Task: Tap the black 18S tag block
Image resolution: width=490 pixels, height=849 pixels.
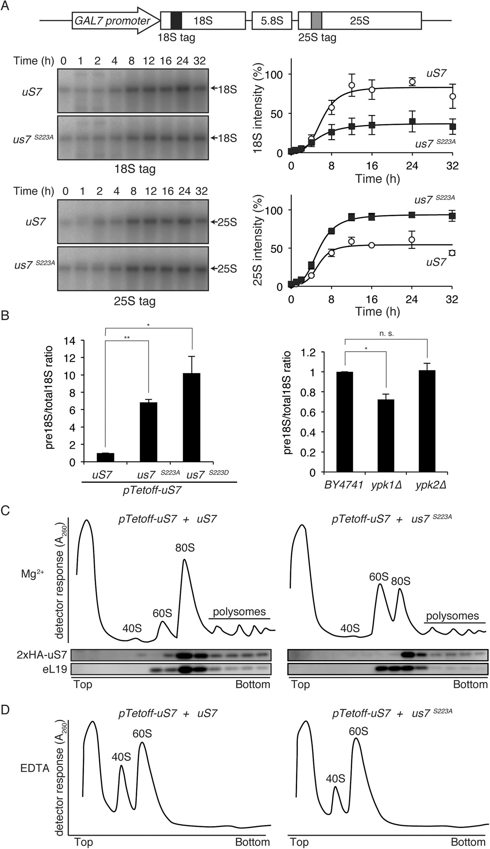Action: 176,20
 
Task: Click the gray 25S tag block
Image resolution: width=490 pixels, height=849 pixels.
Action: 316,20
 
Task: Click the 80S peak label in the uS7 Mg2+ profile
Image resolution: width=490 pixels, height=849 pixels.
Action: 185,547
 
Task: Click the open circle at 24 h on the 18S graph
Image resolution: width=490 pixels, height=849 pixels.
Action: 412,82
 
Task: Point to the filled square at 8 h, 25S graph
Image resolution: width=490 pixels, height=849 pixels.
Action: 331,231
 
